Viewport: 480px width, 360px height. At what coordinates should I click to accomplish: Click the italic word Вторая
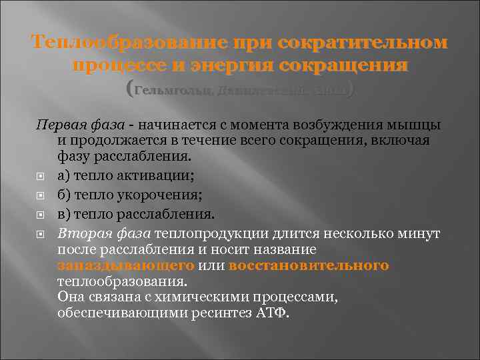tap(80, 234)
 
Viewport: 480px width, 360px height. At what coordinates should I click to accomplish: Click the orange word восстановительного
tap(309, 265)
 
